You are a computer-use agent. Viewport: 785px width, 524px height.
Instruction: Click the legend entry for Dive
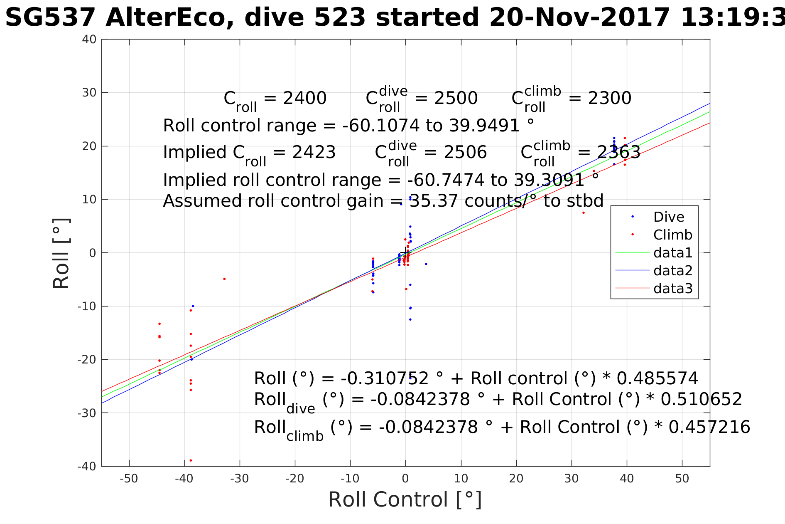668,217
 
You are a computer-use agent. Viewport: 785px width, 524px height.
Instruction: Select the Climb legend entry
672,235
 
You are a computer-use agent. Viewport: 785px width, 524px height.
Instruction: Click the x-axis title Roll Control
405,499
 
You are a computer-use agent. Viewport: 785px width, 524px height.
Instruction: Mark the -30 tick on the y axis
87,413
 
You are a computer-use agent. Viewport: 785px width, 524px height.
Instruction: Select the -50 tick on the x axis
129,479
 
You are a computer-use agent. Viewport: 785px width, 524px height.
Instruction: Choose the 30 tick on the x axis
572,479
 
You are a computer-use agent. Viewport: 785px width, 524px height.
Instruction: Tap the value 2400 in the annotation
304,99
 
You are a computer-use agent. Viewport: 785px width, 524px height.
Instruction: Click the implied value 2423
314,153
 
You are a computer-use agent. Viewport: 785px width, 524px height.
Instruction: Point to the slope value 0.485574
657,378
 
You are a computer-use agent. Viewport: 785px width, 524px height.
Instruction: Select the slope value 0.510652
701,399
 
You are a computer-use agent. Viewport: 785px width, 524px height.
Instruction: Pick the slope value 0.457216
709,427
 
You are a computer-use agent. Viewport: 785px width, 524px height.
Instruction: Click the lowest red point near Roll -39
191,460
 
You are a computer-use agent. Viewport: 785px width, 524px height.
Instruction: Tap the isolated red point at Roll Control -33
224,279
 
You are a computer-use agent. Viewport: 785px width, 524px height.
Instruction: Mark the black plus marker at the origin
406,251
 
